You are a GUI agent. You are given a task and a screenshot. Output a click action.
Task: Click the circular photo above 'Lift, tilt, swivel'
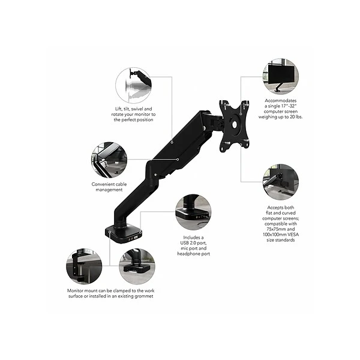pos(133,85)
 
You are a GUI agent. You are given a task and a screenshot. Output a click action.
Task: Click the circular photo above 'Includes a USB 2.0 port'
pos(193,212)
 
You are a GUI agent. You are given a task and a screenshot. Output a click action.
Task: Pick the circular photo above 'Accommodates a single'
pos(280,76)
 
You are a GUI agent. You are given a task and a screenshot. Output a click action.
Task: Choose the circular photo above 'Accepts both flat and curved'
pos(280,182)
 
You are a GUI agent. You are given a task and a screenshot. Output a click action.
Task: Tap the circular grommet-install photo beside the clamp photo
pos(137,267)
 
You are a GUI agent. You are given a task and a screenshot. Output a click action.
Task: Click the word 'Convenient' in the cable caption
pos(102,184)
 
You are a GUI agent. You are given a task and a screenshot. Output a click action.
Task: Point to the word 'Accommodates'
pos(281,101)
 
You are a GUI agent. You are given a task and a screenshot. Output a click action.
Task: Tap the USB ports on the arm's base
pos(135,236)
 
